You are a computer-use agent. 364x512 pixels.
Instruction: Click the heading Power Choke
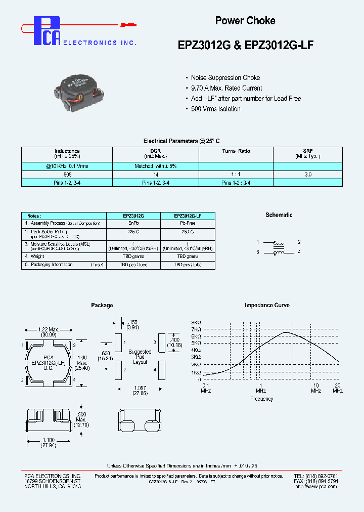click(x=245, y=21)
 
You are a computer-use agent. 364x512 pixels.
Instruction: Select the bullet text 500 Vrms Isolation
click(x=215, y=109)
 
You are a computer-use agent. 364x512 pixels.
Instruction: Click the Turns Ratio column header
click(x=236, y=151)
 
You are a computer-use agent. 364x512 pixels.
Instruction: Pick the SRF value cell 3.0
click(x=308, y=174)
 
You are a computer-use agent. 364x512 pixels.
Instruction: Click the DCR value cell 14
click(x=155, y=174)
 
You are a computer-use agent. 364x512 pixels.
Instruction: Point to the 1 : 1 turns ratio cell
click(x=236, y=174)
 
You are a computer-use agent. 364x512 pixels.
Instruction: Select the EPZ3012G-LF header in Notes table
click(x=187, y=216)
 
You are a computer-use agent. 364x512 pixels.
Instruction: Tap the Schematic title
click(x=279, y=215)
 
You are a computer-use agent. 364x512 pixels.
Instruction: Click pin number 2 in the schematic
click(x=299, y=242)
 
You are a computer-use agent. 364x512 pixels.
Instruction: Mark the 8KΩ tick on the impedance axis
click(x=196, y=323)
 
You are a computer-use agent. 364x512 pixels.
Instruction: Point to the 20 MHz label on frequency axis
click(x=338, y=388)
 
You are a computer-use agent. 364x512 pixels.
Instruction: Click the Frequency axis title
click(x=261, y=399)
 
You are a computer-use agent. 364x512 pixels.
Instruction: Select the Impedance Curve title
click(x=266, y=306)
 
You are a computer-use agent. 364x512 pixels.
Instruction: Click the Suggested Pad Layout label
click(x=140, y=357)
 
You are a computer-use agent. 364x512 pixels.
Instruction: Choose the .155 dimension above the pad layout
click(x=133, y=322)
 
